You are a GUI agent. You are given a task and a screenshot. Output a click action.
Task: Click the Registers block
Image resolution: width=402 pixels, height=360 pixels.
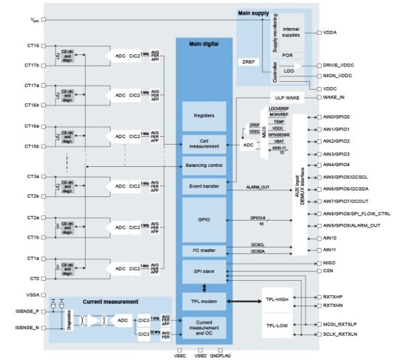point(204,115)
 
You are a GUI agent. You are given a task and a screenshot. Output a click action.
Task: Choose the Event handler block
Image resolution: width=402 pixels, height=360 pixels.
point(204,185)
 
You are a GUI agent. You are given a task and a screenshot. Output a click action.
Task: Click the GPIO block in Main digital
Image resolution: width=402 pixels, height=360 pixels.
point(204,219)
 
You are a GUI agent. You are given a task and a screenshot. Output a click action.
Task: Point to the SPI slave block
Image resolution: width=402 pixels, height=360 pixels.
point(204,272)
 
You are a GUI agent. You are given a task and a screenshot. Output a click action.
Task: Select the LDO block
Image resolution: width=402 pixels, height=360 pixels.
point(289,71)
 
